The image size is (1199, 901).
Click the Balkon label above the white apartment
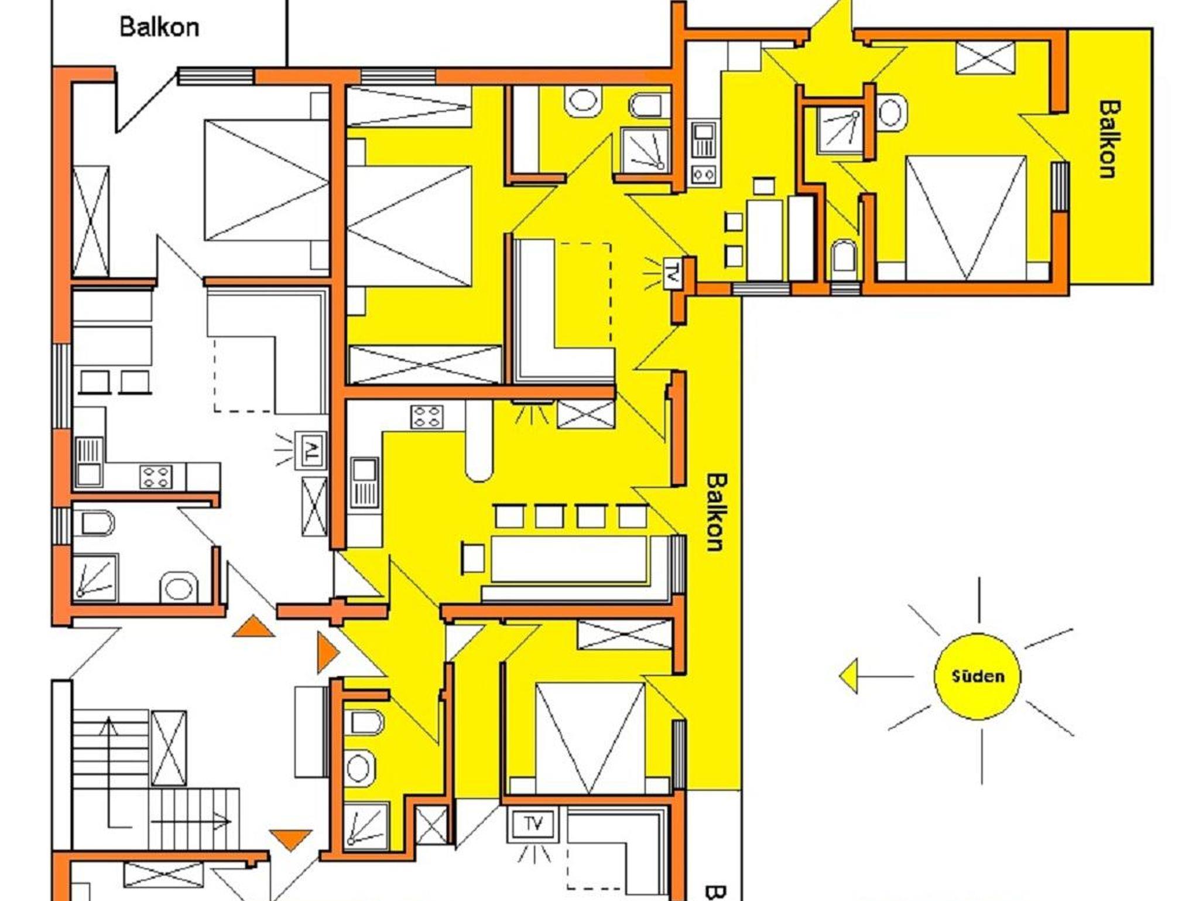click(x=159, y=27)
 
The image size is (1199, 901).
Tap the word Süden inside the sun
click(x=978, y=676)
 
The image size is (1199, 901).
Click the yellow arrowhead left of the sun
click(x=848, y=676)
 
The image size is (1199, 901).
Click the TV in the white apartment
click(x=311, y=450)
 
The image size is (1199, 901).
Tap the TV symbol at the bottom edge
click(x=533, y=825)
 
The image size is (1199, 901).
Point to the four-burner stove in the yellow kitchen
click(x=427, y=417)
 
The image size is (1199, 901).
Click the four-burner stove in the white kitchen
click(x=156, y=476)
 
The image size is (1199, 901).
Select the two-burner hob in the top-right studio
click(x=703, y=174)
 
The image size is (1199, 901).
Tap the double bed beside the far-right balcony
click(x=965, y=217)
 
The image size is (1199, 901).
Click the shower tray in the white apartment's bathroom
click(x=95, y=578)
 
